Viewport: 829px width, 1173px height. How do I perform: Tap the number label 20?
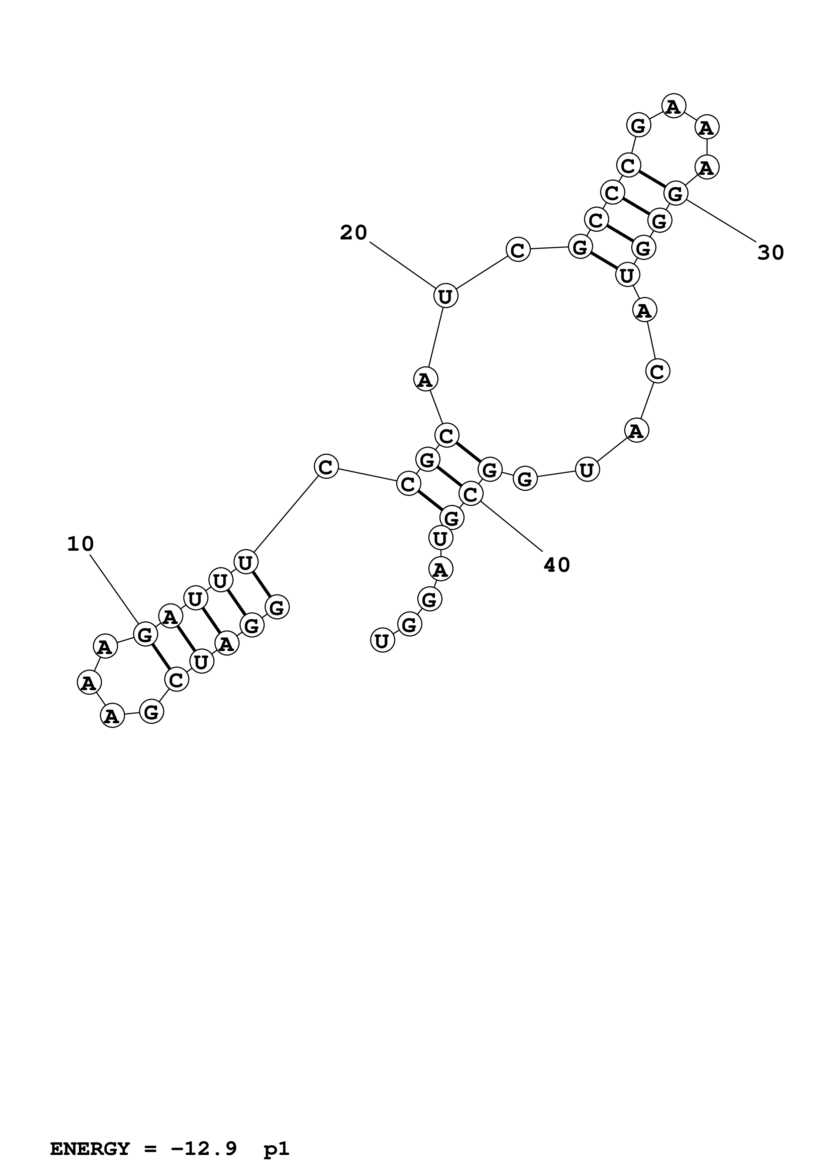(353, 233)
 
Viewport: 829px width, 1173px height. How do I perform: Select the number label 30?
(770, 253)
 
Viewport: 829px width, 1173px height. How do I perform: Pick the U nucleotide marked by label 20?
(445, 296)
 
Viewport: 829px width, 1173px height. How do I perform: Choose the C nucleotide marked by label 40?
(471, 494)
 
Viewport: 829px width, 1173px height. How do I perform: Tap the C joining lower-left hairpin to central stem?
(326, 467)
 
